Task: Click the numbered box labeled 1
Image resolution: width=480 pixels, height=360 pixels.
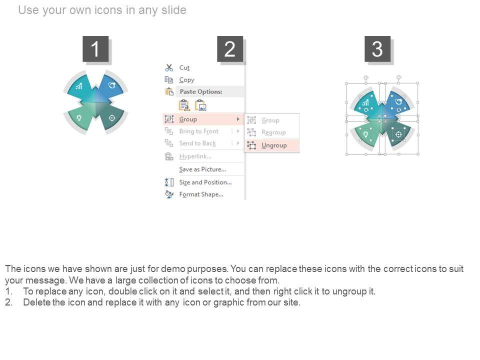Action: click(95, 49)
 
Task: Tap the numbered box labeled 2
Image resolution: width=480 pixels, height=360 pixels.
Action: click(230, 49)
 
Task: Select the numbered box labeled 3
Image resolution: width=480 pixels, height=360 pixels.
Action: click(377, 49)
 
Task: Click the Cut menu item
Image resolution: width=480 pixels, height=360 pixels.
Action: click(184, 67)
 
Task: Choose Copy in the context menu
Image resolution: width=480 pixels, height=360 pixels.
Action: click(186, 80)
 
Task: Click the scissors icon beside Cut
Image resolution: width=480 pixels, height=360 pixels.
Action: click(169, 67)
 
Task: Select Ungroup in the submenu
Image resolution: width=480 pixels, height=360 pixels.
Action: click(274, 145)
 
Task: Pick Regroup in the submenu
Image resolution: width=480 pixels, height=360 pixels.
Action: click(273, 132)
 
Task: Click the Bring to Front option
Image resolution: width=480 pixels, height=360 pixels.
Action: click(198, 131)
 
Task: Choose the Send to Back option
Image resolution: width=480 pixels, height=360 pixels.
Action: click(197, 143)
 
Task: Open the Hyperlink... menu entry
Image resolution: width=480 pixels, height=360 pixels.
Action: click(195, 156)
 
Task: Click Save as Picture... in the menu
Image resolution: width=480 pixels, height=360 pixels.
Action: click(202, 169)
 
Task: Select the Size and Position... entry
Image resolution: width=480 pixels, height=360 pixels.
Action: click(205, 182)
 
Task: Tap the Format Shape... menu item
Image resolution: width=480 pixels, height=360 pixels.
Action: click(201, 194)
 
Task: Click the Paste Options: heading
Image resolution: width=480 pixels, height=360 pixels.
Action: click(201, 91)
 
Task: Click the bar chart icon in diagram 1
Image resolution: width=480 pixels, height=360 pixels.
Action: click(79, 86)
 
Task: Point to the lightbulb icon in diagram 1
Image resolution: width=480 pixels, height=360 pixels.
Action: click(79, 118)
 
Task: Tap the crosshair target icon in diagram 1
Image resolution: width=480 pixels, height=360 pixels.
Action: click(112, 118)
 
